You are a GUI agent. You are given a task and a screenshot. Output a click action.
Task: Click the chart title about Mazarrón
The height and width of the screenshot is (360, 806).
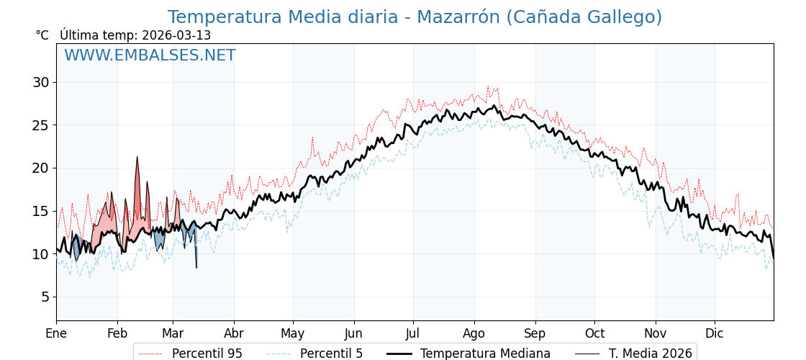pos(415,17)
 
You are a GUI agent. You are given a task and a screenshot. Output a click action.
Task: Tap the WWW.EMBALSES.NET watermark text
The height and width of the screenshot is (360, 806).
pos(150,55)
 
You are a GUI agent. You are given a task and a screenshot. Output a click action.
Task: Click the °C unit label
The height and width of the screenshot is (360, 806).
pos(42,35)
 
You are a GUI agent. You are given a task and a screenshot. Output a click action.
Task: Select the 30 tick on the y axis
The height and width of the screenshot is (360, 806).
pos(40,82)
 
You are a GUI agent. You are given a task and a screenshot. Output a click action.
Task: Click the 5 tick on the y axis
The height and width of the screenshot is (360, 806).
pos(45,297)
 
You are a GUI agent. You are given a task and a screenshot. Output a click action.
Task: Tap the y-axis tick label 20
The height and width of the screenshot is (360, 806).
pos(40,168)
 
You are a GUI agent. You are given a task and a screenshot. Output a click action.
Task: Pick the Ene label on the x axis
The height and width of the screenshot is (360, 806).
pos(56,333)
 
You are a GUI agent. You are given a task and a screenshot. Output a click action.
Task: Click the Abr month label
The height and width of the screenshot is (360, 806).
pos(233,333)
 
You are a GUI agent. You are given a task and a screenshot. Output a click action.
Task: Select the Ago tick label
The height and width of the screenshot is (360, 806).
pos(474,333)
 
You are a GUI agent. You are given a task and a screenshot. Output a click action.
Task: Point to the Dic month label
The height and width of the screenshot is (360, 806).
pos(715,333)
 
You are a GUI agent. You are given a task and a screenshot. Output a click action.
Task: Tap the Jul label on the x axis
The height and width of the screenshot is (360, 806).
pos(413,333)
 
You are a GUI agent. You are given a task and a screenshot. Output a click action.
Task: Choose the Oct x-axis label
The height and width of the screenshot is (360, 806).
pos(594,333)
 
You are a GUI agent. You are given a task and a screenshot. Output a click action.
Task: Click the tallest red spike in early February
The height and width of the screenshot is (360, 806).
pos(137,158)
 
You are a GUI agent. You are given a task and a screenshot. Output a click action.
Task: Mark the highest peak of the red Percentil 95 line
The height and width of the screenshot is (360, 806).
pos(488,86)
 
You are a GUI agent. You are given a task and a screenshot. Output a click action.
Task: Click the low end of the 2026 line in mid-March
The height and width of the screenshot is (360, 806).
pos(196,267)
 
